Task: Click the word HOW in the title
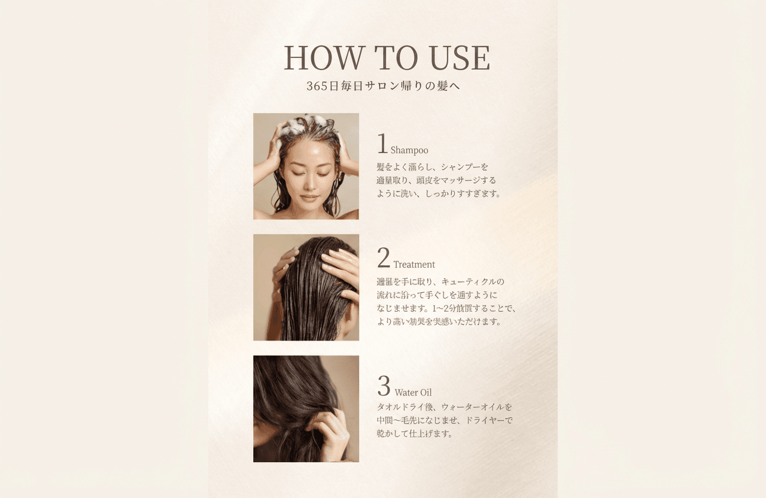tap(324, 58)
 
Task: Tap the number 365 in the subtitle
tap(318, 86)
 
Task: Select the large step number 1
tap(382, 144)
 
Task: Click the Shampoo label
tap(409, 150)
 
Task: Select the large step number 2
tap(384, 259)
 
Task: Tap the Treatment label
tap(414, 265)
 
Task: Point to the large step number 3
tap(384, 386)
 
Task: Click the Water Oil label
tap(413, 393)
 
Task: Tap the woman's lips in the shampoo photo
tap(309, 197)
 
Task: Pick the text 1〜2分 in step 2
tap(446, 309)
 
